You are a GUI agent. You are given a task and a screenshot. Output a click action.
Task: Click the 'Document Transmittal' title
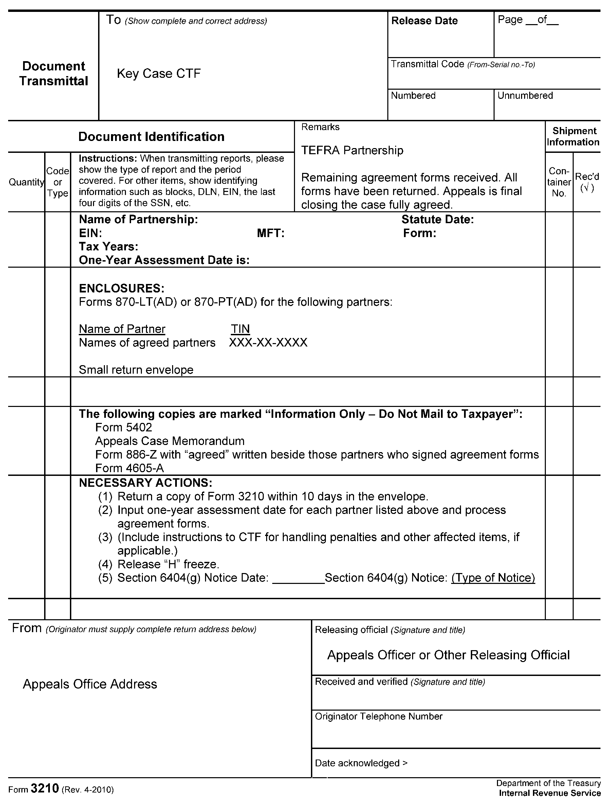[54, 73]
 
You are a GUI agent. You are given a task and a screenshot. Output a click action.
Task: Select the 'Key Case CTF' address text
[159, 73]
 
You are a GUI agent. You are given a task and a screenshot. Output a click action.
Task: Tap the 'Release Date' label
[424, 21]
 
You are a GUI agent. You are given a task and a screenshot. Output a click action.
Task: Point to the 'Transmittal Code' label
[427, 64]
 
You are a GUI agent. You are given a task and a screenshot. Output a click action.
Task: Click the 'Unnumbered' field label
[525, 95]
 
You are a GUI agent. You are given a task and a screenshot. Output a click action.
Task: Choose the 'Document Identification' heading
[151, 137]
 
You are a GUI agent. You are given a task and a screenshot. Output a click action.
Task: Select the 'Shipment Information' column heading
[573, 136]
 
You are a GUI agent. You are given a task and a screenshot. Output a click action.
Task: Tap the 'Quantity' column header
[26, 182]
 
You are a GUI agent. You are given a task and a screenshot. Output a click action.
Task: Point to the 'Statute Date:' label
[438, 219]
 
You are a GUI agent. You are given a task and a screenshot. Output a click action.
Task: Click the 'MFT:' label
[271, 233]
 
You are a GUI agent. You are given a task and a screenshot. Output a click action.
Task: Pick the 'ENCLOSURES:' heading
[122, 288]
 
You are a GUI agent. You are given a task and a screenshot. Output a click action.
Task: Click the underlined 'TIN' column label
[240, 329]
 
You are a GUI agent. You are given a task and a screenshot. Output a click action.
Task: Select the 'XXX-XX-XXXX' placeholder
[268, 342]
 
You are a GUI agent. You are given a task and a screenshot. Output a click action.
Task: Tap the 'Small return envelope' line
[136, 370]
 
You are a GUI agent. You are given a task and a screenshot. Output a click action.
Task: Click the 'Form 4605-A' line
[130, 468]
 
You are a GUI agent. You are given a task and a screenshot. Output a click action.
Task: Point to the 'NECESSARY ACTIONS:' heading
[146, 483]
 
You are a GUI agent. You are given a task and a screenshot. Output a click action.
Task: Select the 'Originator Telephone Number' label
[378, 716]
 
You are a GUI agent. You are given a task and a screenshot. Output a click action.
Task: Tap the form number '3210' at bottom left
[45, 788]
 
